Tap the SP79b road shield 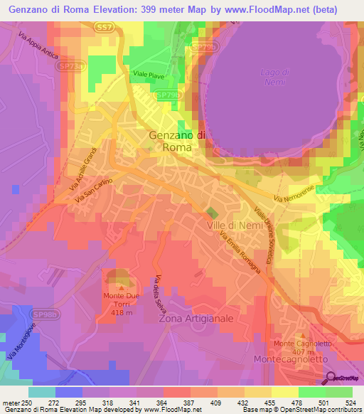coord(168,94)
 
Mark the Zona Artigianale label coord(196,319)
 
